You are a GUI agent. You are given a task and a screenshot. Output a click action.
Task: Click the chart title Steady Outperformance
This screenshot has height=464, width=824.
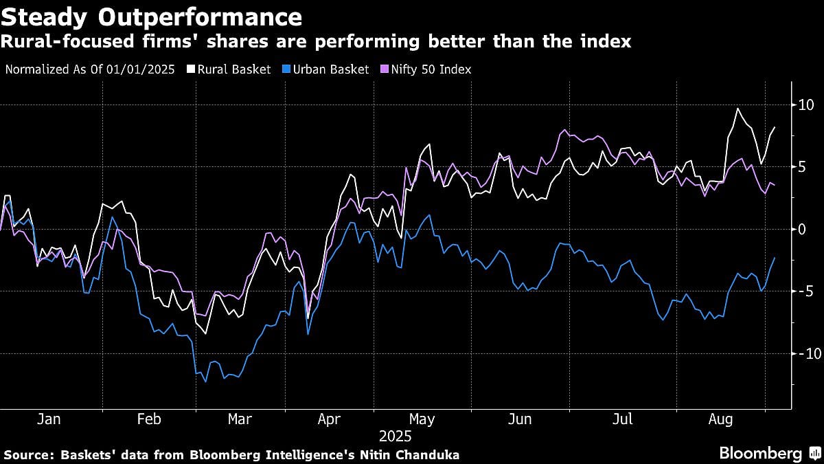[151, 16]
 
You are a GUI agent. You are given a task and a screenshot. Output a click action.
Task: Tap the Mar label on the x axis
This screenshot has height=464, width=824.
[240, 419]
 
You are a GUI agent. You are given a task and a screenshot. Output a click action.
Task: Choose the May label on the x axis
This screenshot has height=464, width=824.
[422, 419]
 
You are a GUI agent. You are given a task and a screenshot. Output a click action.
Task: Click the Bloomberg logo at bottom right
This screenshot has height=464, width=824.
[760, 454]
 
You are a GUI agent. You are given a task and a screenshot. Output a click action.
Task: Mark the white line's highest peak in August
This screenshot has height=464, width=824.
[737, 109]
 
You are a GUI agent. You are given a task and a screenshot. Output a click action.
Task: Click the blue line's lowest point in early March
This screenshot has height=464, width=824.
[205, 382]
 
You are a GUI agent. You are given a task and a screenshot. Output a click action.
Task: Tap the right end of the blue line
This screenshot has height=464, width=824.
[775, 258]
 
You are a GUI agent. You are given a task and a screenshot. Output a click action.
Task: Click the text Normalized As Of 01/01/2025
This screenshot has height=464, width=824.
[89, 69]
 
